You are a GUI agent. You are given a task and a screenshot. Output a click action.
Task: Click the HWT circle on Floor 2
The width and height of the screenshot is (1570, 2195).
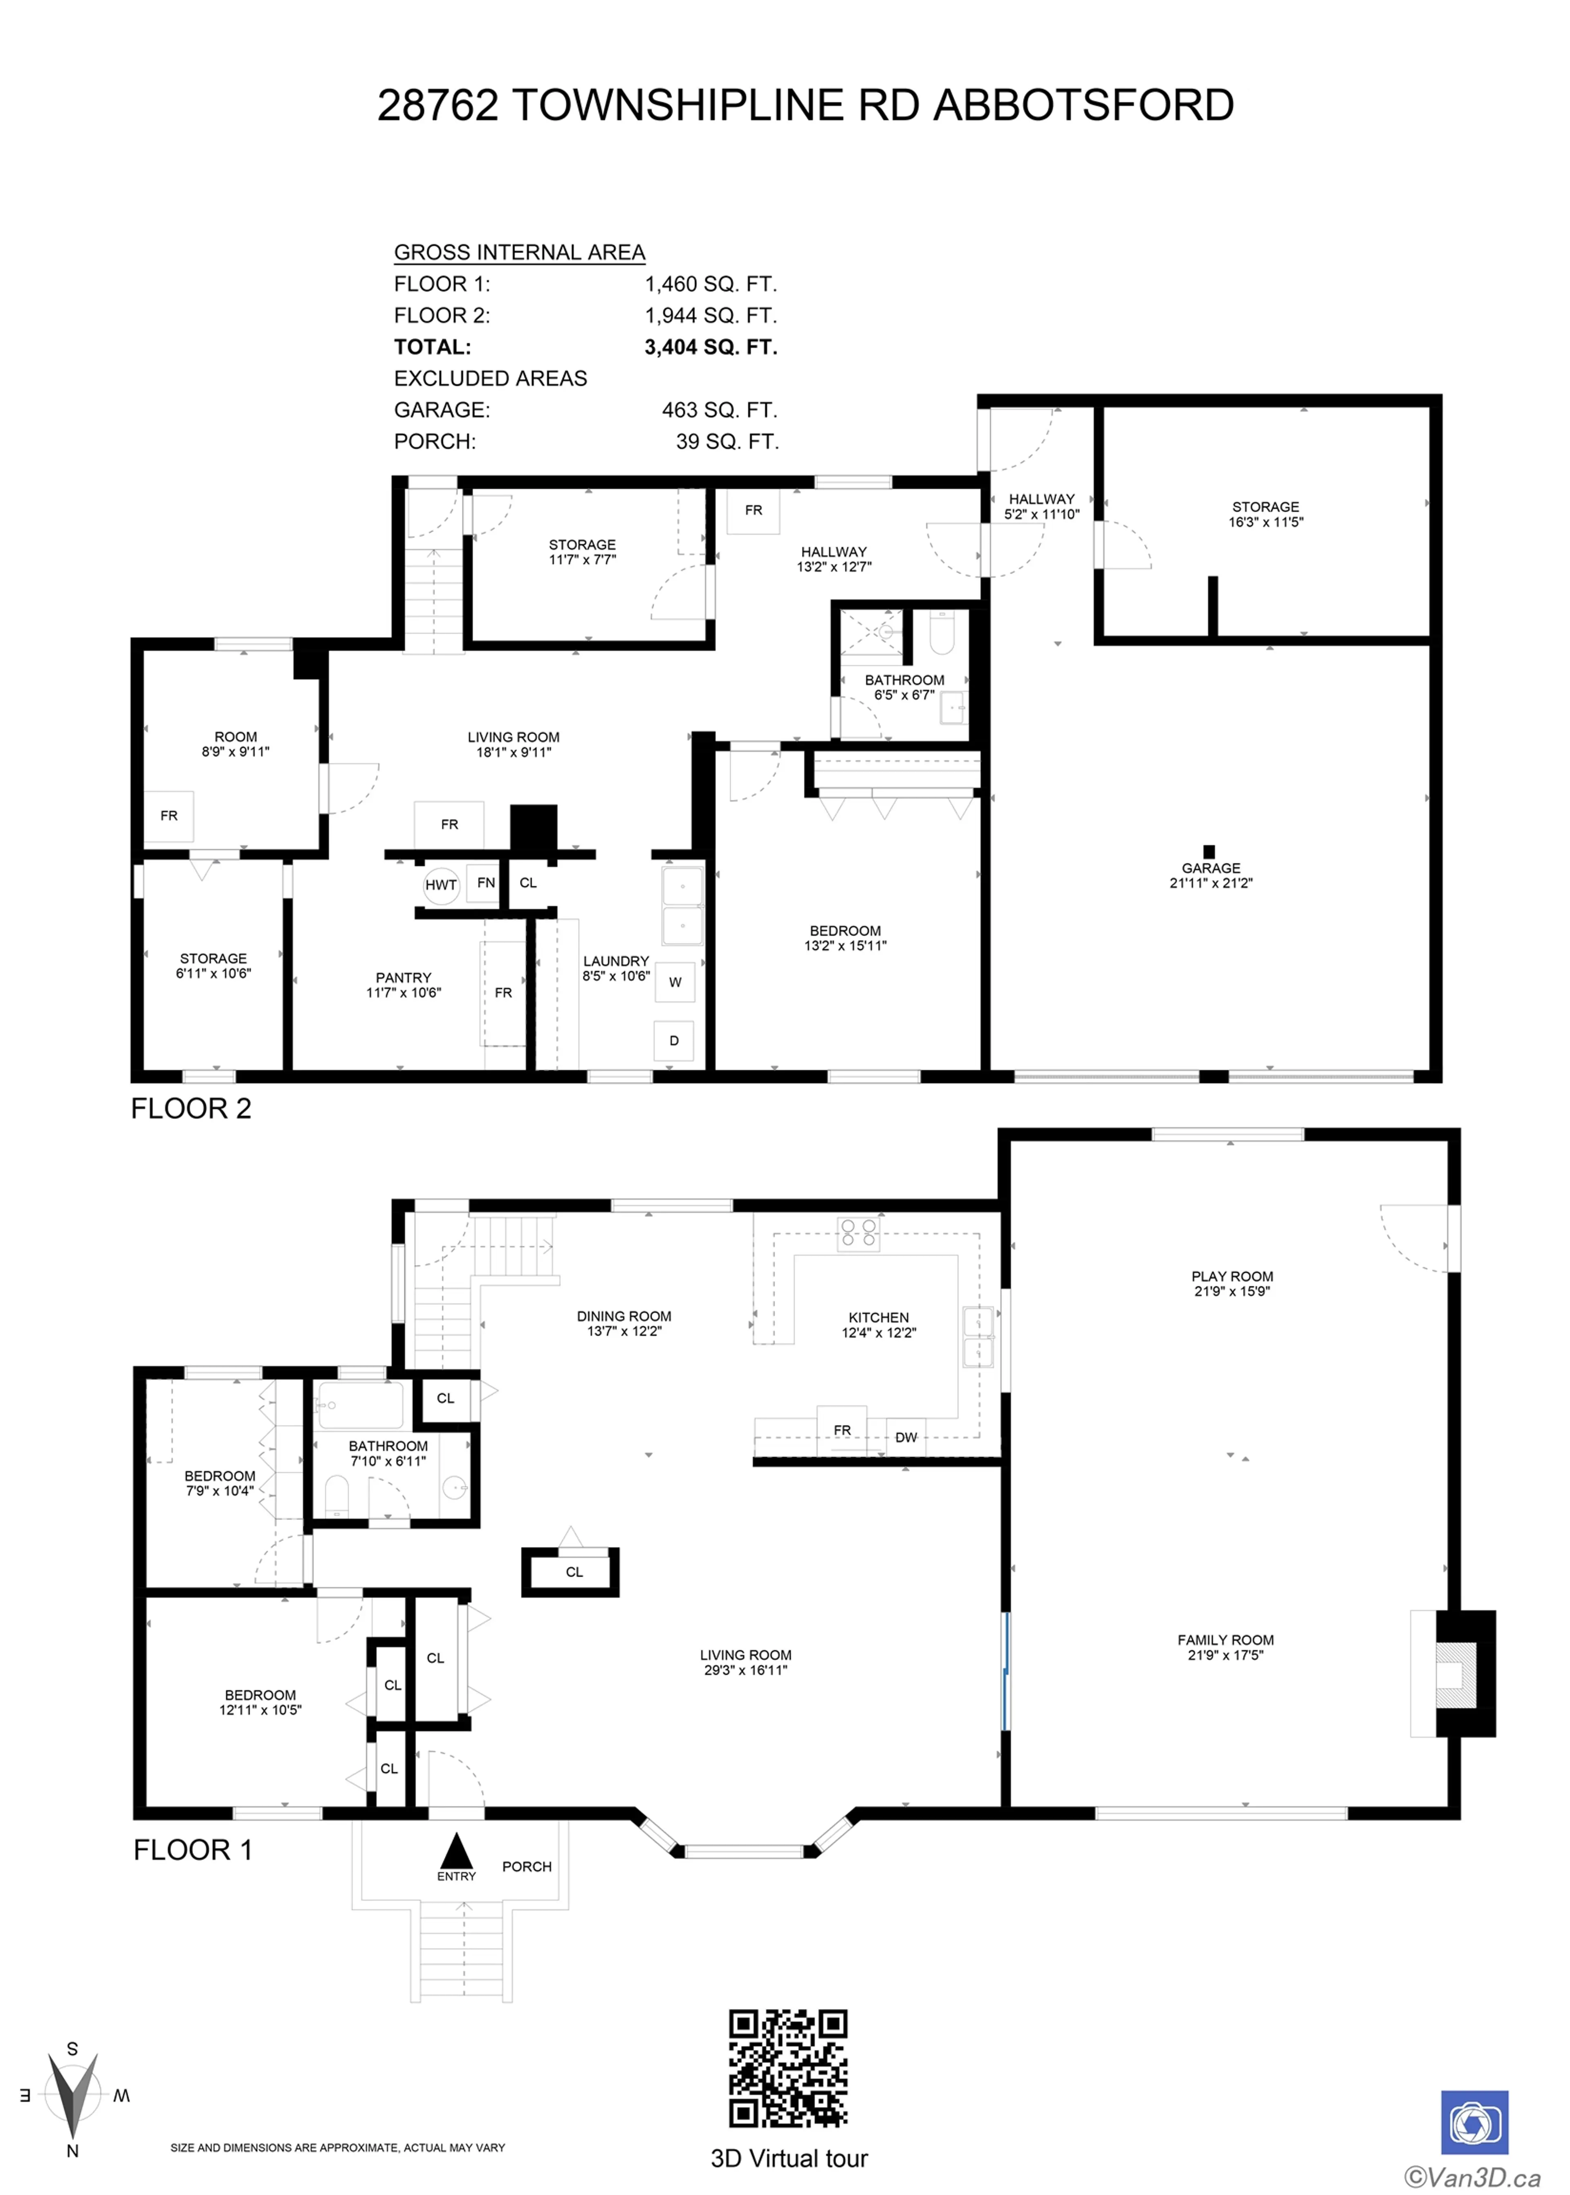tap(441, 884)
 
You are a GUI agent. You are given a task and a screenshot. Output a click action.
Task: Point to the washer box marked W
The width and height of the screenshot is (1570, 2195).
tap(675, 982)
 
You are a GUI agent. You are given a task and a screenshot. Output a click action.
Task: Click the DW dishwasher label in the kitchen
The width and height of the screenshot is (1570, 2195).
tap(906, 1437)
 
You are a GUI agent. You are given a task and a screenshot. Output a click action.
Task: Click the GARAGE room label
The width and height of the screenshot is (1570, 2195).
tap(1210, 868)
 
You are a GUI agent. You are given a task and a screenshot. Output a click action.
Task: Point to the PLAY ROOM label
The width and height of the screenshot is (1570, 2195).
tap(1231, 1276)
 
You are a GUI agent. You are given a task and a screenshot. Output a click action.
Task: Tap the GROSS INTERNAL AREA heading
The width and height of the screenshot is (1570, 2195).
tap(519, 252)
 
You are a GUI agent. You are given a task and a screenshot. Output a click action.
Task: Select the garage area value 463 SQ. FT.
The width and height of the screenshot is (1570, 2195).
tap(719, 410)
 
